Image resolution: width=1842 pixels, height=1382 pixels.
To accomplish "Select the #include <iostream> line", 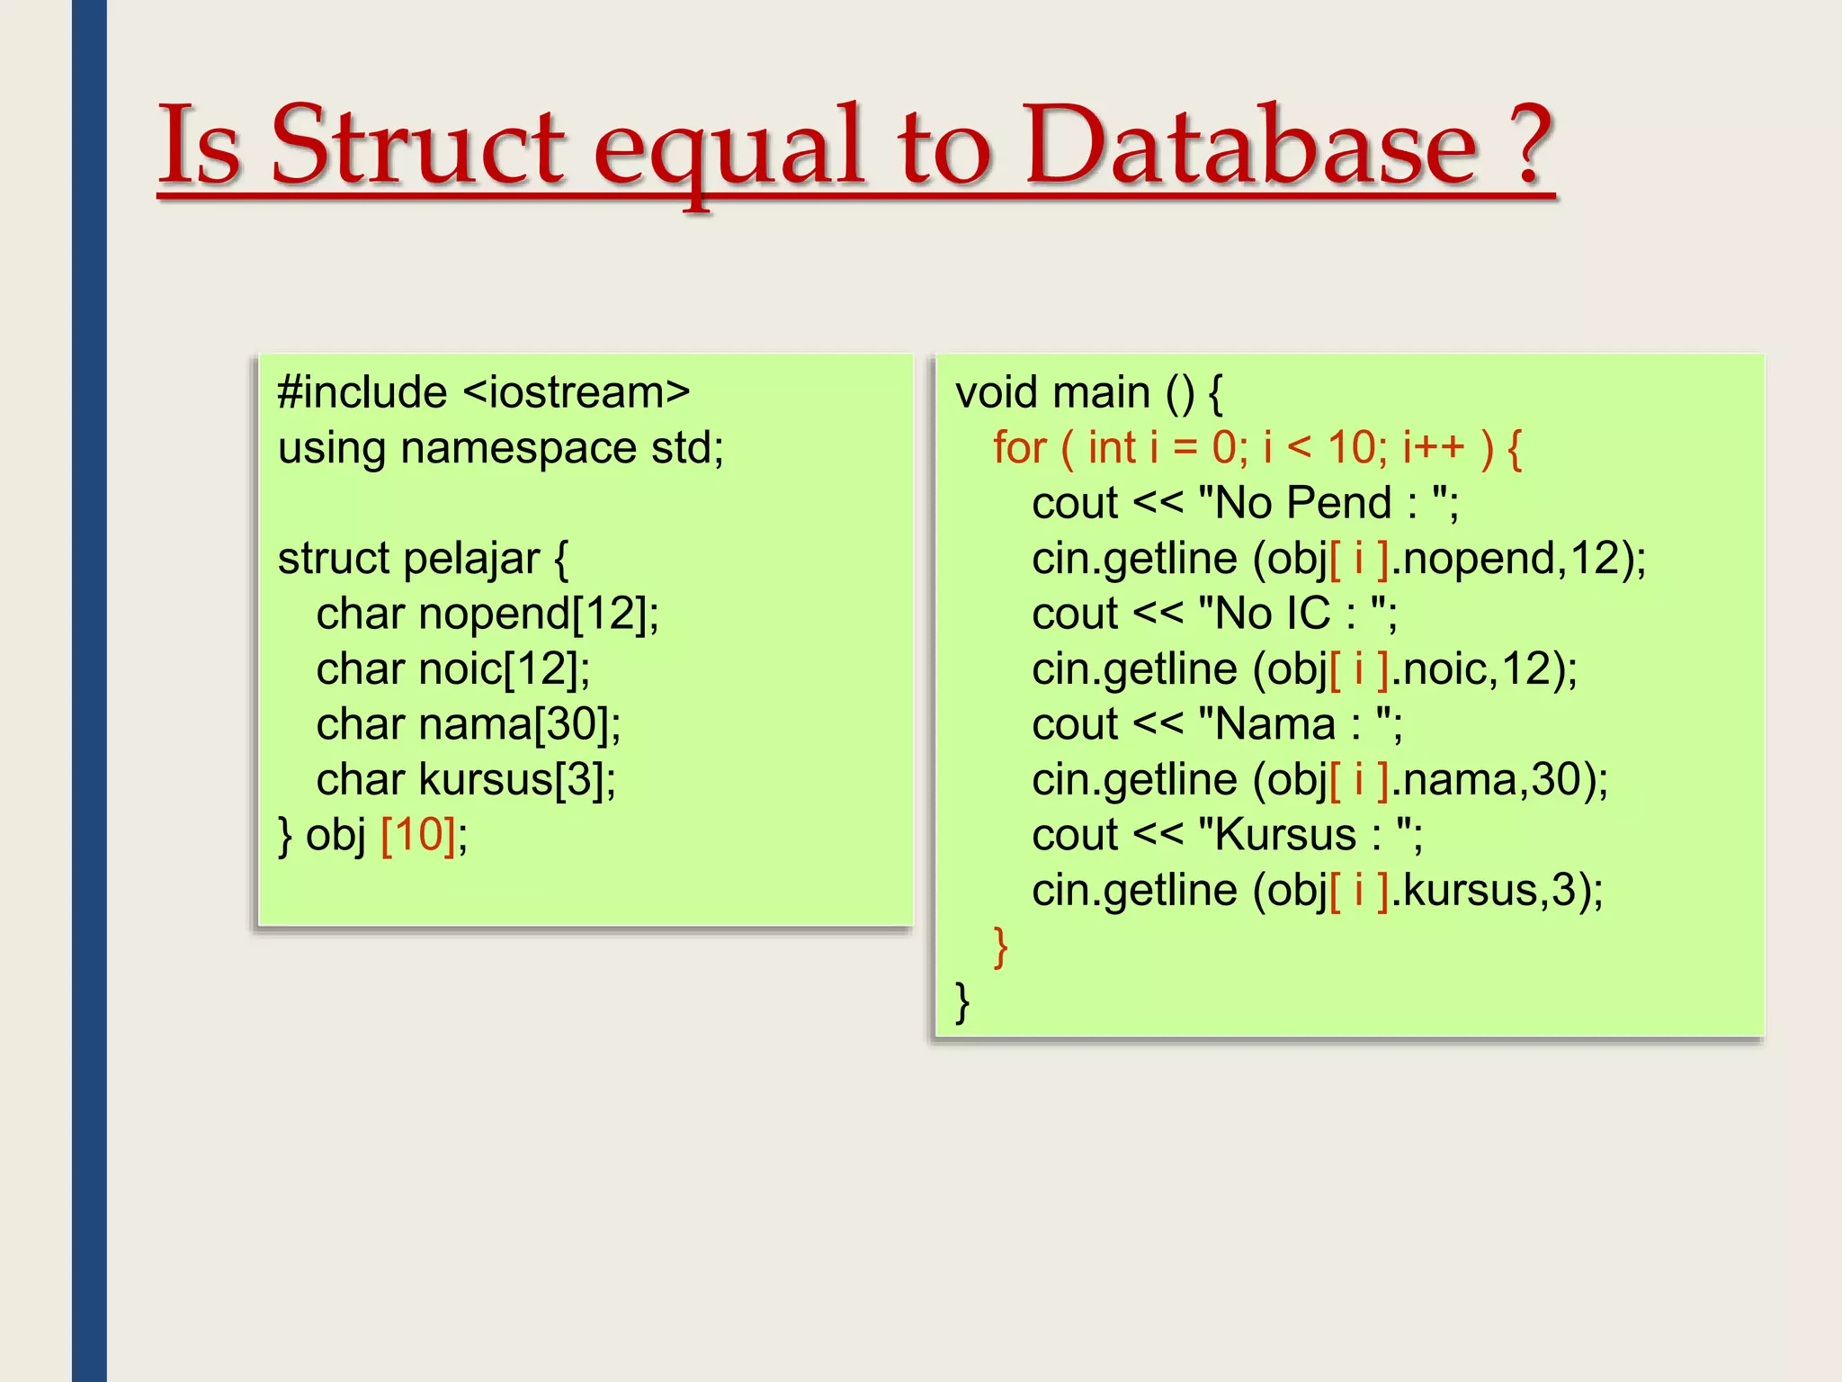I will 484,392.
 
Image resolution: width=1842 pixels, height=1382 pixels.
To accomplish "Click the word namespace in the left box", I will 518,448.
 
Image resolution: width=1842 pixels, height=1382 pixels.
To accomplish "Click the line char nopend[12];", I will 487,614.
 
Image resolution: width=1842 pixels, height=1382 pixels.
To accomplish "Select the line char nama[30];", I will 469,724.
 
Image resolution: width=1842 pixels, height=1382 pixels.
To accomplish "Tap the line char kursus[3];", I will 466,779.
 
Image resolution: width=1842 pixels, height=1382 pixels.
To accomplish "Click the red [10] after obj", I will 418,835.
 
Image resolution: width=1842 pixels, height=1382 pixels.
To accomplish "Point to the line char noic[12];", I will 453,669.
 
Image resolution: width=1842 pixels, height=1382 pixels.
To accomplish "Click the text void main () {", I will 1088,392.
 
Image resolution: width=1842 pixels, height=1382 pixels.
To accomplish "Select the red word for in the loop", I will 1019,448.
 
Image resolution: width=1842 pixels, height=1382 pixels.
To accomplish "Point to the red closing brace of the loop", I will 1000,947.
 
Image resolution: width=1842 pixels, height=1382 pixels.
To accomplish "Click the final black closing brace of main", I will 962,1001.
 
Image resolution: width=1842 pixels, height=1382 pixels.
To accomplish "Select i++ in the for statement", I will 1433,448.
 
